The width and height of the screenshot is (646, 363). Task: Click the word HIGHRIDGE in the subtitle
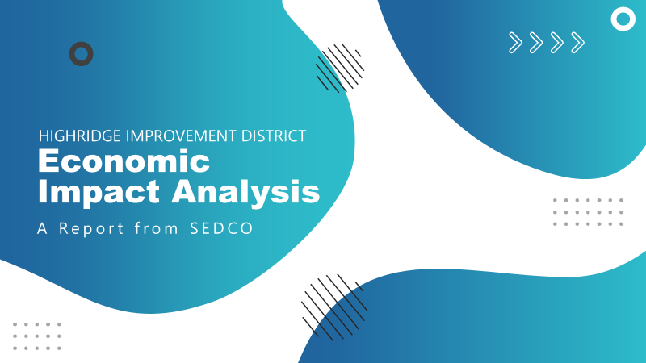coord(79,136)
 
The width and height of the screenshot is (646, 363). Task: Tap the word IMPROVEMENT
coord(181,136)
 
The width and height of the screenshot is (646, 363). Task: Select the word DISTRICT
coord(274,136)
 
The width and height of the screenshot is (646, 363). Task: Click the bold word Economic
coord(124,161)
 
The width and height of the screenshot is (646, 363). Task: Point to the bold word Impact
coord(99,192)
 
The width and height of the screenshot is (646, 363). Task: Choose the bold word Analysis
coord(245,192)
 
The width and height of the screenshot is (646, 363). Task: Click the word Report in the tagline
coord(91,228)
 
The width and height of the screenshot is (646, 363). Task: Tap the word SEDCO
coord(221,228)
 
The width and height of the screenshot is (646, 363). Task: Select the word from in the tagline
coord(157,228)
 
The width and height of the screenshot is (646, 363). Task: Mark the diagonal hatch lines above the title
coord(340,68)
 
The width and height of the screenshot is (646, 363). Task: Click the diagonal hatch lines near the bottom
coord(334,307)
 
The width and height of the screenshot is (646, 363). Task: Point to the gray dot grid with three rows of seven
coord(588,212)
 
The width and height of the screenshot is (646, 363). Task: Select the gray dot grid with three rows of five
coord(37,336)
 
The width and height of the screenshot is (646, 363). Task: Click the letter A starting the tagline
coord(42,228)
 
